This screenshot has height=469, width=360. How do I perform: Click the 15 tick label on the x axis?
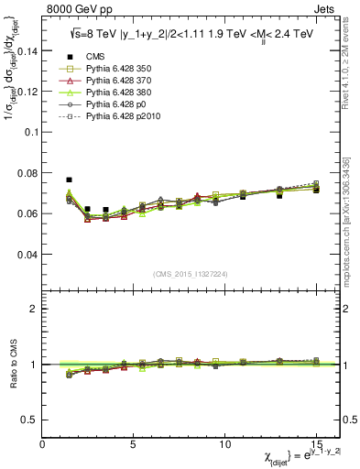(x=316, y=443)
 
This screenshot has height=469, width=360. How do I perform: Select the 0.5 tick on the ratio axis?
(x=30, y=420)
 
